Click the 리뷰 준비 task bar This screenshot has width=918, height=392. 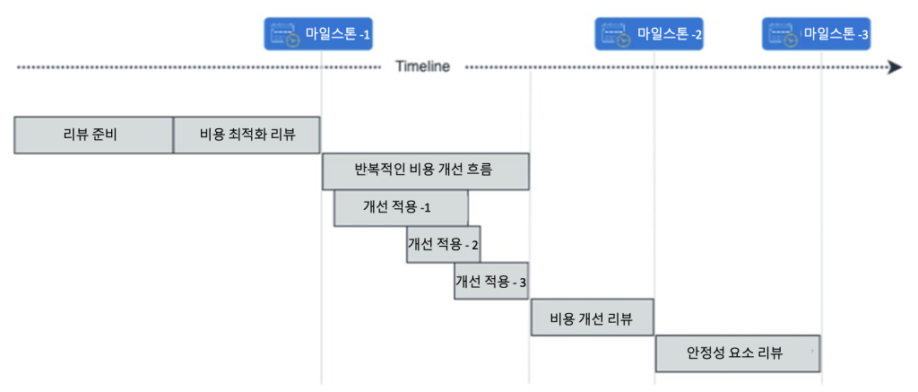(x=93, y=135)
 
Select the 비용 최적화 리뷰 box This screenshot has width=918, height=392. (x=247, y=135)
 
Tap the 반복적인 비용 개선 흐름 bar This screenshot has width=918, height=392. (x=425, y=171)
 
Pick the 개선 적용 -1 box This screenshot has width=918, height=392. (x=401, y=207)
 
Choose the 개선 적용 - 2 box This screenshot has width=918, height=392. (x=443, y=244)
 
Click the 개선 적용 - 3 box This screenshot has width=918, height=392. (x=491, y=281)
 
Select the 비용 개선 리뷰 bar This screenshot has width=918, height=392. (x=592, y=318)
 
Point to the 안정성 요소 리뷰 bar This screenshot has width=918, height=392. (x=738, y=353)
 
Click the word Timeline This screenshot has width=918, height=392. (x=422, y=67)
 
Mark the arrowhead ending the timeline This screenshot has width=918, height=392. (x=895, y=67)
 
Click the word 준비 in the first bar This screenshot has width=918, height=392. (x=105, y=135)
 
